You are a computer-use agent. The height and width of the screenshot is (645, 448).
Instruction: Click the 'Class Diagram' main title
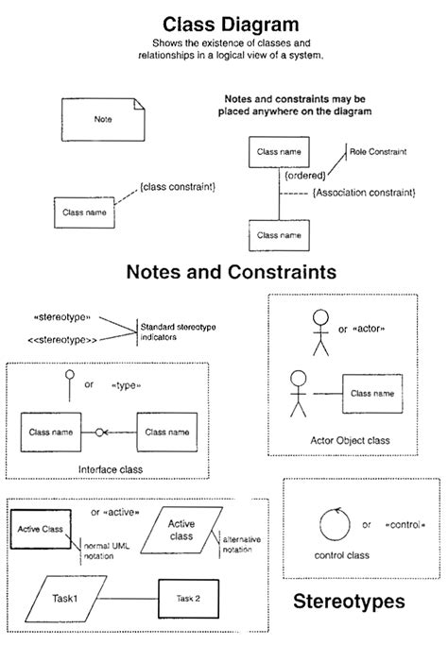pyautogui.click(x=231, y=24)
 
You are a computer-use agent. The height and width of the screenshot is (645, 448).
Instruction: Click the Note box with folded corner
pyautogui.click(x=104, y=120)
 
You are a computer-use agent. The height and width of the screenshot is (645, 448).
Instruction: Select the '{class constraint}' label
pyautogui.click(x=177, y=187)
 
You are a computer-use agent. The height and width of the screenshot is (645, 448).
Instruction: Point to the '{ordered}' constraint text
pyautogui.click(x=304, y=175)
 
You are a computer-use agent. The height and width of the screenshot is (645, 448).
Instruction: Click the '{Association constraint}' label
pyautogui.click(x=363, y=193)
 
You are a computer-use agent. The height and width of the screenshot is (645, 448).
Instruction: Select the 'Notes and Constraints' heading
pyautogui.click(x=231, y=272)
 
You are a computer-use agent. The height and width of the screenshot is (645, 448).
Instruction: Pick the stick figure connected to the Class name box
pyautogui.click(x=299, y=392)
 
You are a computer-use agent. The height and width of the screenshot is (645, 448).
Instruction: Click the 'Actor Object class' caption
pyautogui.click(x=350, y=440)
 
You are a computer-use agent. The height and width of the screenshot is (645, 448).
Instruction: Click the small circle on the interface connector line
pyautogui.click(x=98, y=433)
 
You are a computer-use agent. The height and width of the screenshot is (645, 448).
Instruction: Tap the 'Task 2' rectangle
pyautogui.click(x=186, y=599)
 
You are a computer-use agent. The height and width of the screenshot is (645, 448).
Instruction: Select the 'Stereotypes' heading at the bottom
pyautogui.click(x=349, y=601)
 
